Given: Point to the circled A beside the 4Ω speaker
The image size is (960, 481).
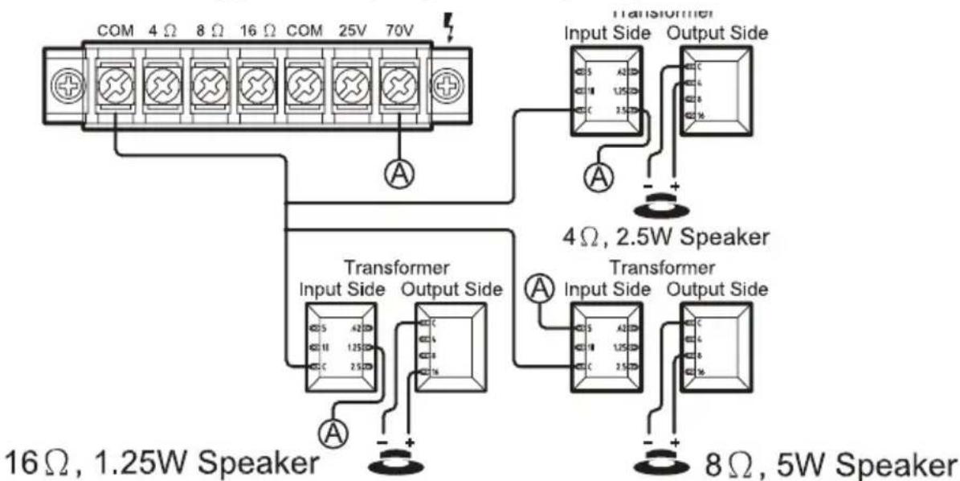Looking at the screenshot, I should [598, 175].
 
